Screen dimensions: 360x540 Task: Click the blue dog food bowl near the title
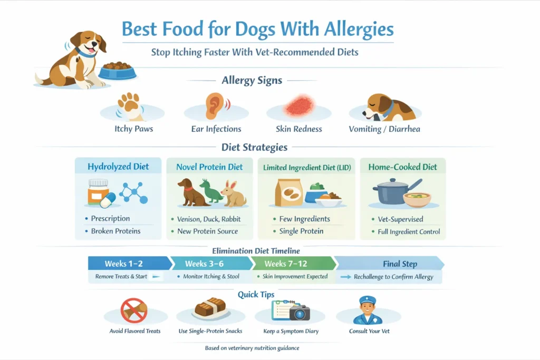coord(117,70)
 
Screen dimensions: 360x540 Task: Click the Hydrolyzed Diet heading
coord(118,167)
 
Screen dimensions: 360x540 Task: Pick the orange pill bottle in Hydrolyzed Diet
coord(99,190)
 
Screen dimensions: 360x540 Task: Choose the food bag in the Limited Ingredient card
coord(289,193)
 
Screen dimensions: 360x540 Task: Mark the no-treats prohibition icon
coord(134,310)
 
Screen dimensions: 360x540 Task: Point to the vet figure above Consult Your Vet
coord(367,310)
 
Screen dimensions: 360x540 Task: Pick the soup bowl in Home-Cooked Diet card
coord(417,199)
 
